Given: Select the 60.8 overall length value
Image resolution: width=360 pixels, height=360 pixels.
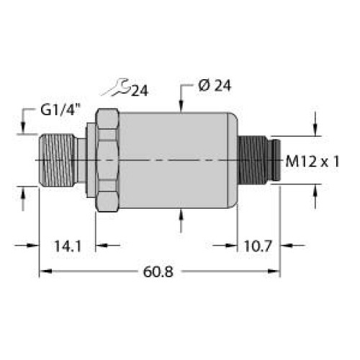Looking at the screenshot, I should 158,272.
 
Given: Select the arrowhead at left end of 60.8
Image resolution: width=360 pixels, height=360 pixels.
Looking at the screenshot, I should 43,272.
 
